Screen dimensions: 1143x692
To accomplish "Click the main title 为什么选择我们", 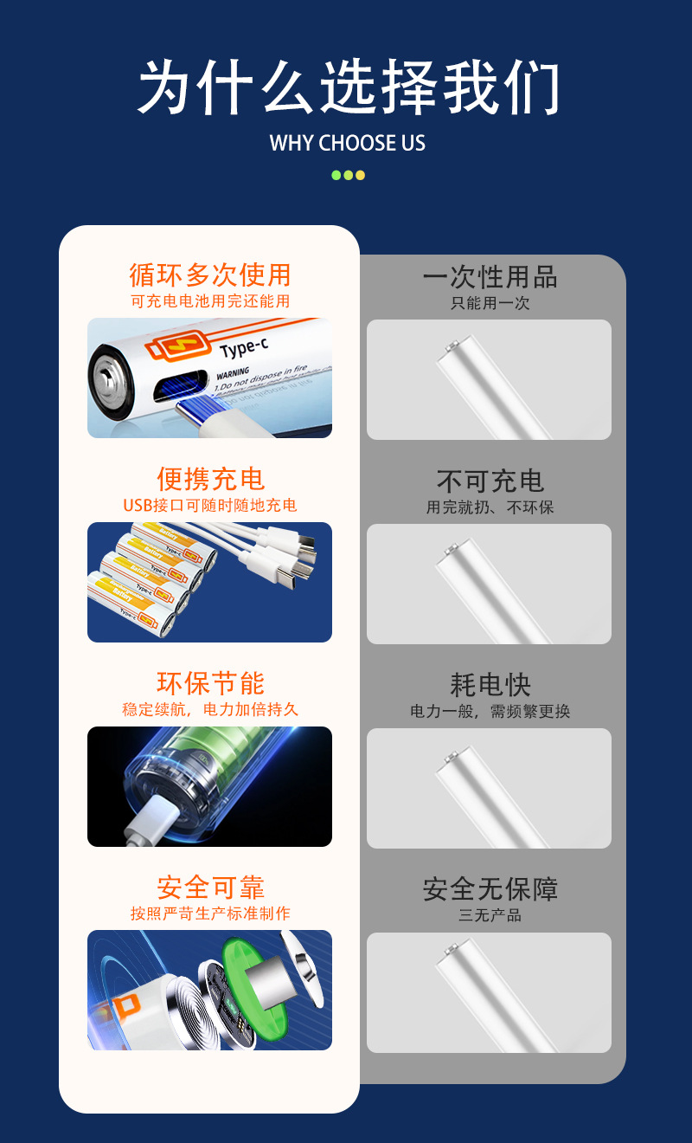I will coord(348,88).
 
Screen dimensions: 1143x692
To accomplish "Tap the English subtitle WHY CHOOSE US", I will coord(348,143).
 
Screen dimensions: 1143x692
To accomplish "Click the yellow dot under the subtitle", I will coord(361,175).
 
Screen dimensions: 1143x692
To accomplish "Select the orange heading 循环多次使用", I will coord(209,275).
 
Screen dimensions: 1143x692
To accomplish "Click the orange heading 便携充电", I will coord(209,479).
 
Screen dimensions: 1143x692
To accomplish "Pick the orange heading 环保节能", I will coord(209,683).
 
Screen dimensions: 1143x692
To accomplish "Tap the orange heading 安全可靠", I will coord(209,888).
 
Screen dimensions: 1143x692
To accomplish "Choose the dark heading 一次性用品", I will coord(490,277).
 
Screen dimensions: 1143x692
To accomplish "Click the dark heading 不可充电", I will coord(490,481).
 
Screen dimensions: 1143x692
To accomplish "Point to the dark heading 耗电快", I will coord(490,685).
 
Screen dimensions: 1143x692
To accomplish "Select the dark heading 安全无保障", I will coord(490,889).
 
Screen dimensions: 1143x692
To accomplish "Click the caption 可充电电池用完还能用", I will coord(209,302).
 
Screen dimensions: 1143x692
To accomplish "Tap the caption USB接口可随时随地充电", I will coord(209,506).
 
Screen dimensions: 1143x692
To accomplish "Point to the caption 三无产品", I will coord(490,915).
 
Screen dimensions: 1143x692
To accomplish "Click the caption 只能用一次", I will coord(490,303).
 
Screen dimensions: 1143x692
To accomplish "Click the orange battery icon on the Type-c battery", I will coord(177,347).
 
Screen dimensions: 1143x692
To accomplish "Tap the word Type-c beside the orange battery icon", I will coord(245,349).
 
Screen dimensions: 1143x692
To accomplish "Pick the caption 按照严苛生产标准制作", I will coord(209,914).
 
